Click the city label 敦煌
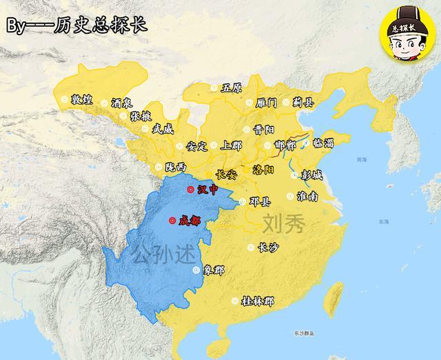click(x=81, y=100)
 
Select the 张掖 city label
click(x=141, y=116)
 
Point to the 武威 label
click(x=163, y=128)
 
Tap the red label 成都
click(x=189, y=221)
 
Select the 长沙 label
click(x=268, y=247)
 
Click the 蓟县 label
click(x=304, y=102)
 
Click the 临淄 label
click(x=323, y=143)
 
